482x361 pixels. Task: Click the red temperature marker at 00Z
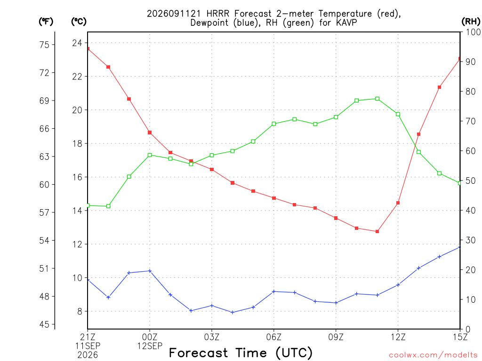(x=150, y=133)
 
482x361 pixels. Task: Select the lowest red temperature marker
(x=377, y=231)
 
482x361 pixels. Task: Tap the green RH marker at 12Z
(x=398, y=114)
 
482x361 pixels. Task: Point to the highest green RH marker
(x=377, y=99)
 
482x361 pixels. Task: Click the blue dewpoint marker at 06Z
(x=274, y=291)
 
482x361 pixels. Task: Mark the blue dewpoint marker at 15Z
(x=459, y=247)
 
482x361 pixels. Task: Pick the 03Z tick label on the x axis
(x=212, y=337)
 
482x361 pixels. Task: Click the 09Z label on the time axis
(x=336, y=337)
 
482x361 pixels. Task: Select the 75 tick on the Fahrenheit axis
(x=44, y=45)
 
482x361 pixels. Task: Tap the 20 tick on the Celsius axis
(x=77, y=110)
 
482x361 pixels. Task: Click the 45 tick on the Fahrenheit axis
(x=44, y=324)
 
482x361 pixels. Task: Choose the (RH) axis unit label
(x=471, y=22)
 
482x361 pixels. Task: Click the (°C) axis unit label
(x=79, y=22)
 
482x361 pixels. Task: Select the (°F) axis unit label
(x=46, y=22)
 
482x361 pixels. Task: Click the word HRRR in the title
(x=218, y=14)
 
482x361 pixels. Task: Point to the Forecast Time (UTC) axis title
(x=241, y=353)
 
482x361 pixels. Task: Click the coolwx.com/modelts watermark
(x=433, y=355)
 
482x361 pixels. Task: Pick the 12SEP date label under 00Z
(x=150, y=346)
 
